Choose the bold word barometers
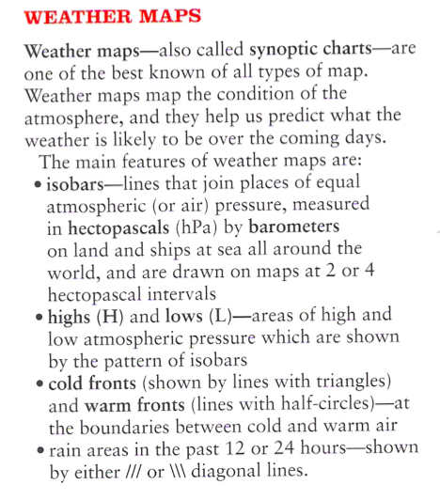292,227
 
